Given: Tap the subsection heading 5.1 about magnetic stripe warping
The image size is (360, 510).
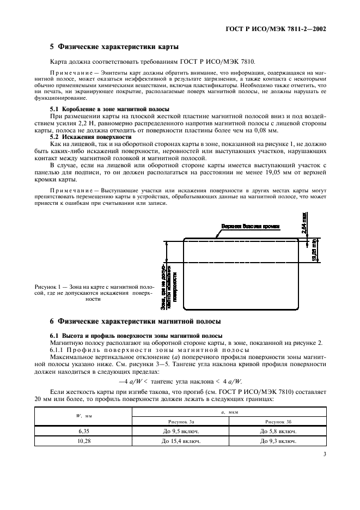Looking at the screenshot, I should (109, 110).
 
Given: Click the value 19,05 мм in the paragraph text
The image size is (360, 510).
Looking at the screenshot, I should (282, 173).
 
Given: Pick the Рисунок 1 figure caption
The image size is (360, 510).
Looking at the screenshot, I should (94, 293).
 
